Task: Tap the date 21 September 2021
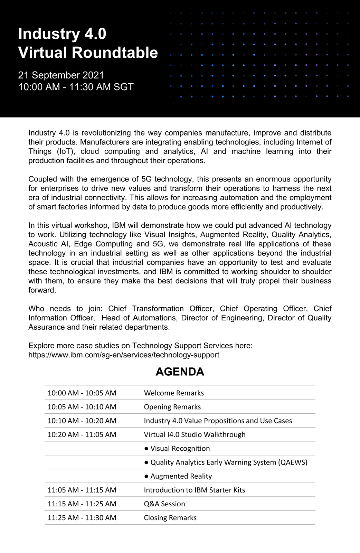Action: pos(61,75)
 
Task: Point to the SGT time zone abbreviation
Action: pos(123,87)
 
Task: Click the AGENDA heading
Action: pos(180,372)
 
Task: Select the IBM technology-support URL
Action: pos(124,355)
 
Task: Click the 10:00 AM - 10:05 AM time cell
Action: pos(82,393)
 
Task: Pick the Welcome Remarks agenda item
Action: pos(174,393)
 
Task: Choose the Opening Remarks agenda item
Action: pos(172,407)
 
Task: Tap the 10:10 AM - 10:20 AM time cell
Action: pos(82,421)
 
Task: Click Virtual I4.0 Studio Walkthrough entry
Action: pos(195,434)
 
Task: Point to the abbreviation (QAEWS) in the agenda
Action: pos(293,462)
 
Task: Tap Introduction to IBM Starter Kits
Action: pos(195,490)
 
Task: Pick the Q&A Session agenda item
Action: pos(164,504)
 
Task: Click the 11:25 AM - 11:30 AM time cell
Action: pos(82,517)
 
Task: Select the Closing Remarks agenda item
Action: pos(170,517)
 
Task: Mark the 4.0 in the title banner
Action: pos(95,34)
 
